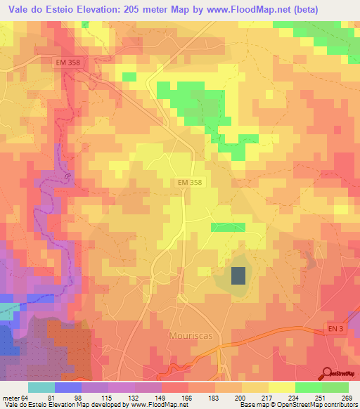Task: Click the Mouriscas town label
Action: [x=190, y=336]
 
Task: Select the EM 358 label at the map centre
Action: [x=190, y=182]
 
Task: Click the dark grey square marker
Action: [x=238, y=275]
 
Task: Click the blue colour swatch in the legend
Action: [x=67, y=387]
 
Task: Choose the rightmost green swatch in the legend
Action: [x=335, y=387]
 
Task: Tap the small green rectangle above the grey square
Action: [x=228, y=227]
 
